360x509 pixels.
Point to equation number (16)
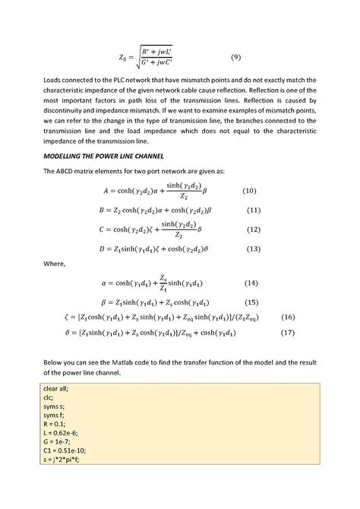coord(288,316)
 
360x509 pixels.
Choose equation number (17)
coord(288,332)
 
